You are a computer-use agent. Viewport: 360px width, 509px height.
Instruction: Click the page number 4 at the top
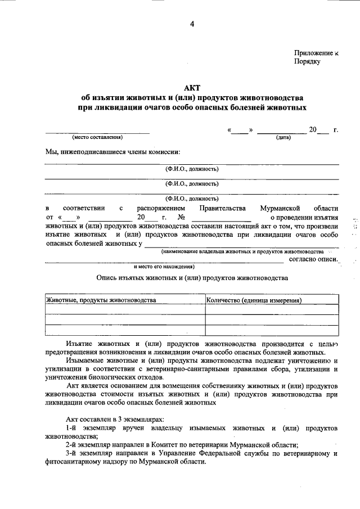pyautogui.click(x=192, y=24)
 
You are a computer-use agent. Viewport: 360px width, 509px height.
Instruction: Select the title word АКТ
pyautogui.click(x=192, y=87)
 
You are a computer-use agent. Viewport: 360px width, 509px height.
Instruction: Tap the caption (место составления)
pyautogui.click(x=97, y=137)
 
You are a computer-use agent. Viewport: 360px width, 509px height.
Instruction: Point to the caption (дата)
pyautogui.click(x=283, y=137)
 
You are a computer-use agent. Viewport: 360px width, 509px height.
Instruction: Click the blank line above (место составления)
pyautogui.click(x=97, y=132)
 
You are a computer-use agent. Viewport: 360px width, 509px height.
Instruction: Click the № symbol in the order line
pyautogui.click(x=182, y=217)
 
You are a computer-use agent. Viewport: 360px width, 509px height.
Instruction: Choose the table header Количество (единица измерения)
pyautogui.click(x=254, y=300)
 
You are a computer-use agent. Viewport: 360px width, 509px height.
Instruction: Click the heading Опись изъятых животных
pyautogui.click(x=192, y=277)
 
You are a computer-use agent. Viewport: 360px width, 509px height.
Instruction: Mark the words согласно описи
pyautogui.click(x=313, y=259)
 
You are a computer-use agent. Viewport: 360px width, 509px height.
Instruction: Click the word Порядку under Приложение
pyautogui.click(x=307, y=62)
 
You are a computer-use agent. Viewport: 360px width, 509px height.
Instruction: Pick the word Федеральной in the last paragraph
pyautogui.click(x=244, y=453)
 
